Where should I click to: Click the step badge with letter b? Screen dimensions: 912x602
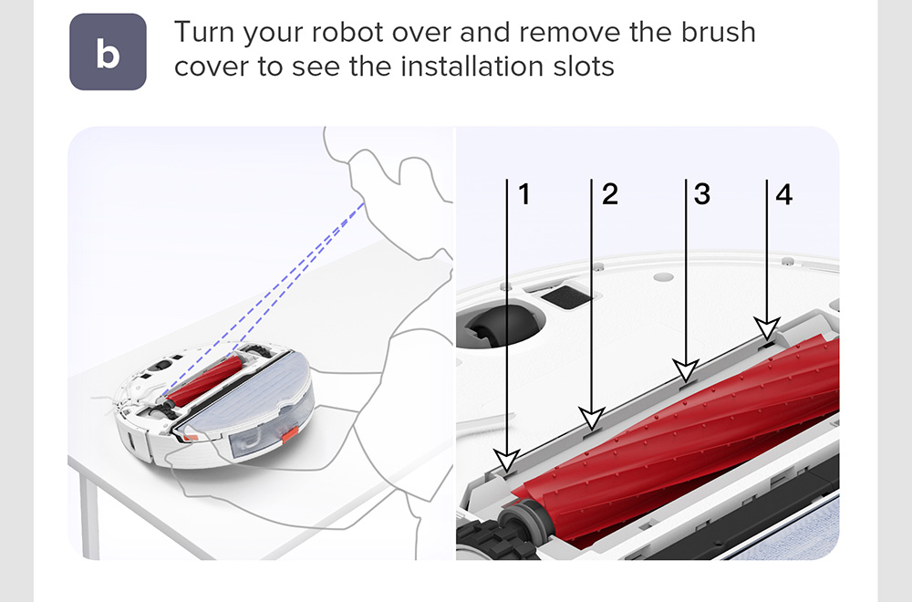[x=108, y=52]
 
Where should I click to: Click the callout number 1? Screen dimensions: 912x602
[x=524, y=194]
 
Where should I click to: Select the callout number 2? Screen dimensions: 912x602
[x=609, y=194]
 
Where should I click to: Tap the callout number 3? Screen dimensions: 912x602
[x=702, y=194]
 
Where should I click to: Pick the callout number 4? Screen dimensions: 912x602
[x=784, y=194]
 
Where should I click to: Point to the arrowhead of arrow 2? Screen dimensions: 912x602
[x=592, y=418]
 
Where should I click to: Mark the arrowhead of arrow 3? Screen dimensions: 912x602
[x=687, y=370]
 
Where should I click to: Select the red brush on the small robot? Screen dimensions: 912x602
[x=204, y=381]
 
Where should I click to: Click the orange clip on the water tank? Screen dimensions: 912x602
[x=290, y=433]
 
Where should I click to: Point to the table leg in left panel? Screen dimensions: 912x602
[x=90, y=512]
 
